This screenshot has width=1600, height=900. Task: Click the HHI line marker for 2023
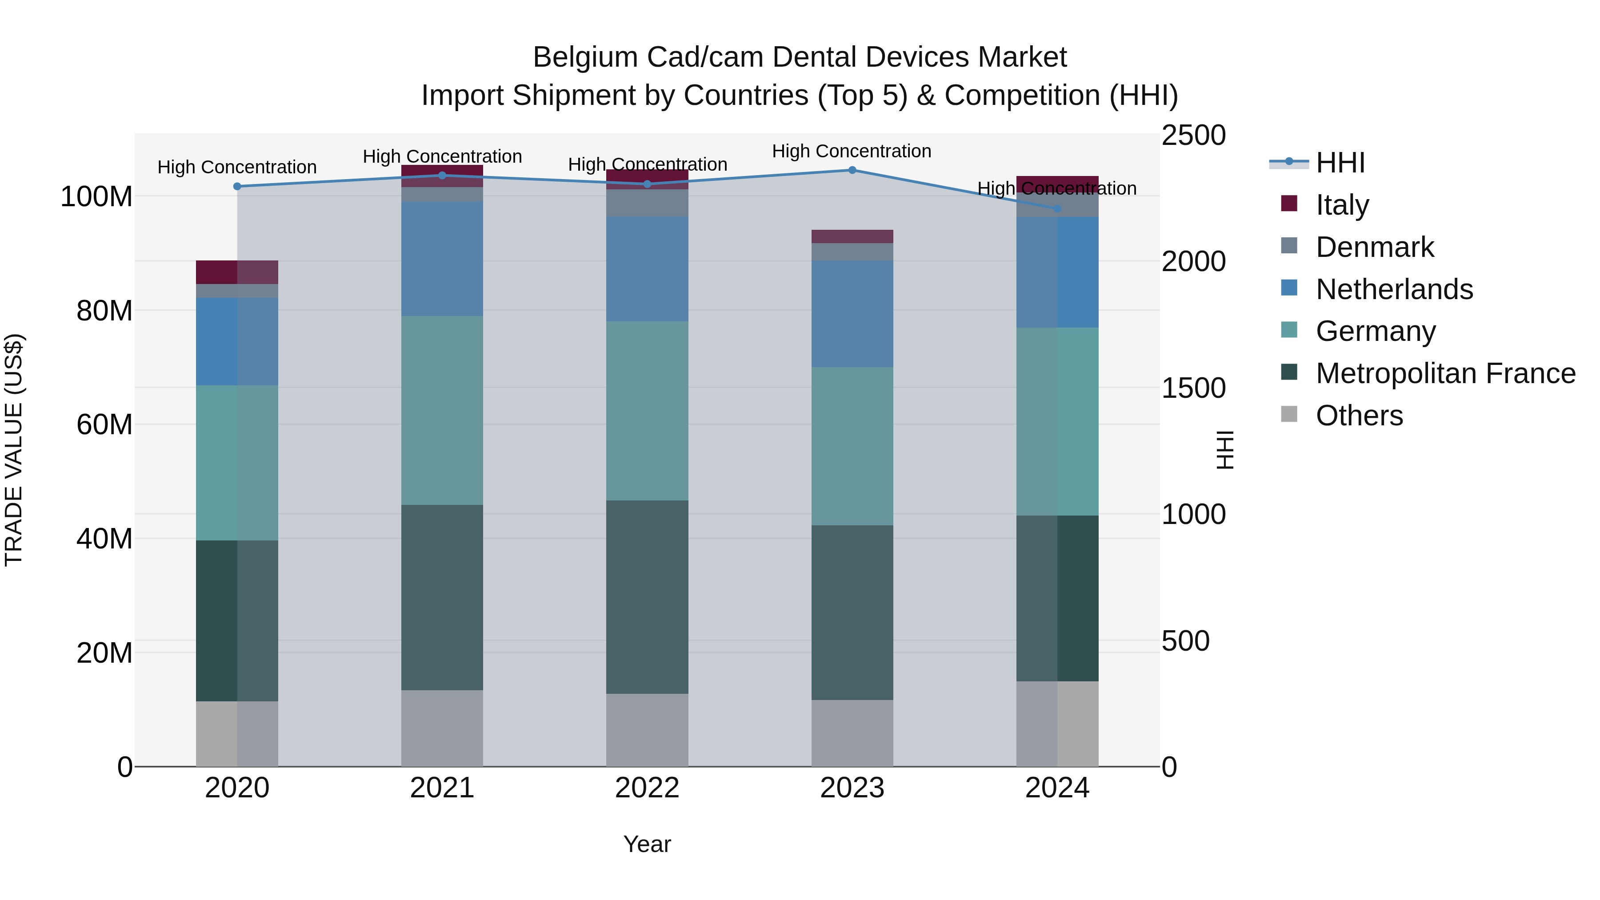[852, 170]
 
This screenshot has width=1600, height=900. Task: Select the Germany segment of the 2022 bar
[647, 411]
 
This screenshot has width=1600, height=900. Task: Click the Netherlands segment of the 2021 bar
[442, 258]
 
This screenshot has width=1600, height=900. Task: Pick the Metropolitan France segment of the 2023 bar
[852, 612]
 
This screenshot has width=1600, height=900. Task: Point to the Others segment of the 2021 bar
[442, 728]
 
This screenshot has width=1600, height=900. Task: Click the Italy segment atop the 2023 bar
[852, 236]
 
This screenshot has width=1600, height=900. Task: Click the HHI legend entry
[1340, 163]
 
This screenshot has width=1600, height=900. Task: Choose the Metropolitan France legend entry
[1445, 373]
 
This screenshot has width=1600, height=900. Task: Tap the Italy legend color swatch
[1289, 204]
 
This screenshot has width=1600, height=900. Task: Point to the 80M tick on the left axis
[104, 311]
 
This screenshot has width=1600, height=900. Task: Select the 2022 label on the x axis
[647, 788]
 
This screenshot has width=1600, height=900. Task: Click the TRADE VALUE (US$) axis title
[14, 450]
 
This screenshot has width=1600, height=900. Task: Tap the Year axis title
[647, 844]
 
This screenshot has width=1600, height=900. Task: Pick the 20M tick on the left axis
[104, 653]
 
